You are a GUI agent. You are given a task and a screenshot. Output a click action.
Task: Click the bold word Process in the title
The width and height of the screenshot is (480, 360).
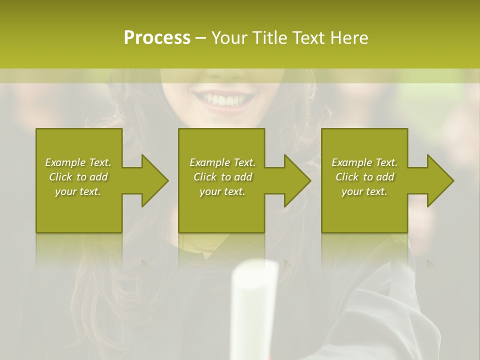(157, 37)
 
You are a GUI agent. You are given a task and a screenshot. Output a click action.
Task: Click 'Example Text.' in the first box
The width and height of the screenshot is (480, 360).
(78, 162)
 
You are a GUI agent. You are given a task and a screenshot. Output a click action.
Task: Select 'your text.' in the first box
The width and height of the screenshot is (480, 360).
(78, 191)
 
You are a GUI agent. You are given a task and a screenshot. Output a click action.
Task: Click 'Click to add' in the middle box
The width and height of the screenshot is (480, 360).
(222, 177)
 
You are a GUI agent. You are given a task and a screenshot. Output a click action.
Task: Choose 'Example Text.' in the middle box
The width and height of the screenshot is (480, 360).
(222, 162)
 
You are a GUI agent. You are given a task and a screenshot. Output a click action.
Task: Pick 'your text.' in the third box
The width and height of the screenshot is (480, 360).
(364, 191)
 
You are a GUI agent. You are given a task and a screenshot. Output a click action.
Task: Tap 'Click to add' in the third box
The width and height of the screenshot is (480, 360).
(364, 177)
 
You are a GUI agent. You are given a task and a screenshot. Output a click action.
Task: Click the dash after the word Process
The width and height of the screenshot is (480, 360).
(200, 38)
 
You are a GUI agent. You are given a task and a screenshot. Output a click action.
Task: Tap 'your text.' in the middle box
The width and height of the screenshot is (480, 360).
(222, 191)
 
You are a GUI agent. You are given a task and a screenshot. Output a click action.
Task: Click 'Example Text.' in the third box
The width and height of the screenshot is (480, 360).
(364, 162)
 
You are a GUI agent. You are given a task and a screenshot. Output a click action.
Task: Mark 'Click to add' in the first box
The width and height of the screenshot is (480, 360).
(78, 177)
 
